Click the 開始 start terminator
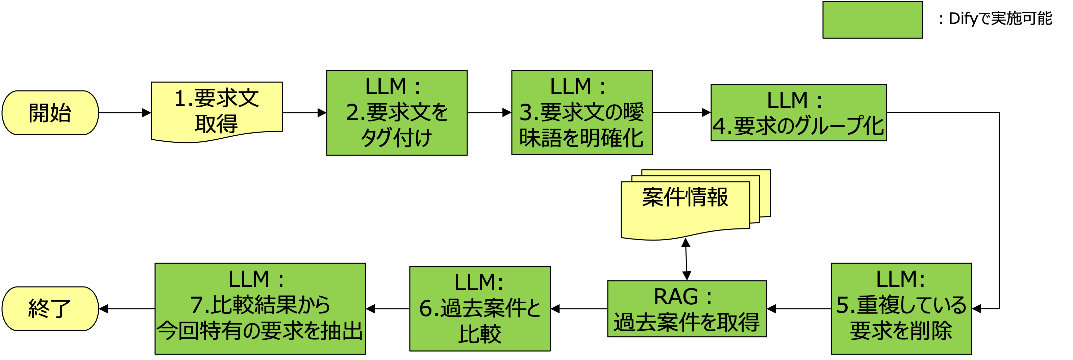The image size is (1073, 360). click(x=50, y=113)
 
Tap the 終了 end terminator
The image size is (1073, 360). click(x=50, y=309)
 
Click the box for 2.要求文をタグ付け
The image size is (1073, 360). click(x=397, y=113)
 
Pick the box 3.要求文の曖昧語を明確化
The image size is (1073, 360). click(x=581, y=113)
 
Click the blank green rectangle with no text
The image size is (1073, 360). click(x=872, y=20)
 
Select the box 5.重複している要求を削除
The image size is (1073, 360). click(x=901, y=309)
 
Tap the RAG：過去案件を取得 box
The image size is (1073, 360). click(x=687, y=309)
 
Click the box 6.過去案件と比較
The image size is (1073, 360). click(x=479, y=309)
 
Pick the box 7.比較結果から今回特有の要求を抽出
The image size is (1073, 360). click(x=260, y=309)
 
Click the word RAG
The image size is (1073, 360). click(x=676, y=297)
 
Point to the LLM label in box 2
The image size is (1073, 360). click(x=385, y=87)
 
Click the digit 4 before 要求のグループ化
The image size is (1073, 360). click(x=719, y=126)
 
